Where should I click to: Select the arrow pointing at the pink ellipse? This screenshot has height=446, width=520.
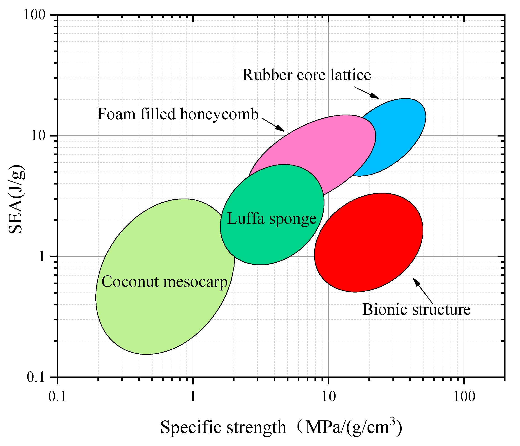coord(273,125)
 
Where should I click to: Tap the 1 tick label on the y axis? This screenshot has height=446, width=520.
coord(42,257)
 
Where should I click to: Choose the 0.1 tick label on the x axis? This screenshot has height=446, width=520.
coord(58,397)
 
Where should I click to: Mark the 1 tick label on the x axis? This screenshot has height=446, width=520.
coord(193,397)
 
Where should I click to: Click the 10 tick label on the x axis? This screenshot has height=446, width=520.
coord(328,397)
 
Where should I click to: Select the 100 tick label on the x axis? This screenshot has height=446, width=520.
coord(464,397)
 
